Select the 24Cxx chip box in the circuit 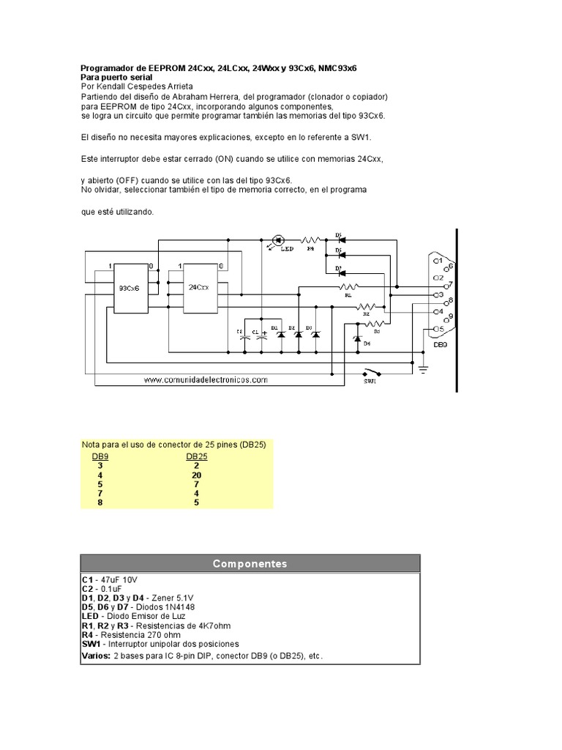point(198,288)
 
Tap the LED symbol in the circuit point(278,240)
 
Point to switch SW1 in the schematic point(371,371)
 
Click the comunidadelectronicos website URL point(206,380)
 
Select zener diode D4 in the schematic point(356,338)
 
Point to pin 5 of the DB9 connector point(438,328)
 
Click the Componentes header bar point(250,563)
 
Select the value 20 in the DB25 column point(197,475)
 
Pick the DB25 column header point(197,456)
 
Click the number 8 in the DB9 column point(100,502)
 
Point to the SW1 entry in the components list point(92,644)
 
